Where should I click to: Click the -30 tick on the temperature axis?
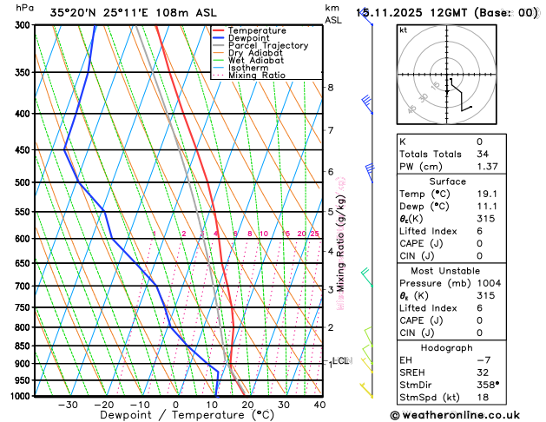coord(68,405)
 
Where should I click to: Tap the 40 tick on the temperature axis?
coord(319,405)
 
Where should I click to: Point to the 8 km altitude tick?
coord(330,88)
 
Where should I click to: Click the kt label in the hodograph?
coord(403,30)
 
